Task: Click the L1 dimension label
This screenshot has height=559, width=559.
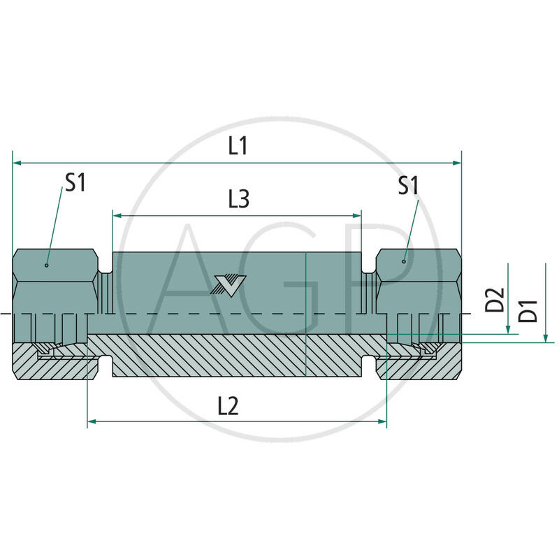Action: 238,146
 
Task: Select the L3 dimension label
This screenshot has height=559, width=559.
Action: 238,200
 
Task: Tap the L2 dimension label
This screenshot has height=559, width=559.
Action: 228,406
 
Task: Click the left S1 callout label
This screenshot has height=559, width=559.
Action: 75,183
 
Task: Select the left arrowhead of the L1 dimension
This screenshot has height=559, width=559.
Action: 17,163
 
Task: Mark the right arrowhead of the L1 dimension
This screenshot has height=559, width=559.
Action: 457,163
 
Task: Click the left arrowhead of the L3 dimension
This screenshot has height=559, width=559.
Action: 117,216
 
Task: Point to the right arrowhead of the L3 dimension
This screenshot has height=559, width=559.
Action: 357,216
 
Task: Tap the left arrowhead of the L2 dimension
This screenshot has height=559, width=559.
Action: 92,422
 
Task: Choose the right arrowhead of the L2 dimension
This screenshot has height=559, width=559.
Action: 382,422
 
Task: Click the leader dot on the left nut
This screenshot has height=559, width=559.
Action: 46,266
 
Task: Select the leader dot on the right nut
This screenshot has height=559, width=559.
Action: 404,261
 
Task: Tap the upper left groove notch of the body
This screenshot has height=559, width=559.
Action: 106,267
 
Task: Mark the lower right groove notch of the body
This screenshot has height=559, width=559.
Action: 368,363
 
